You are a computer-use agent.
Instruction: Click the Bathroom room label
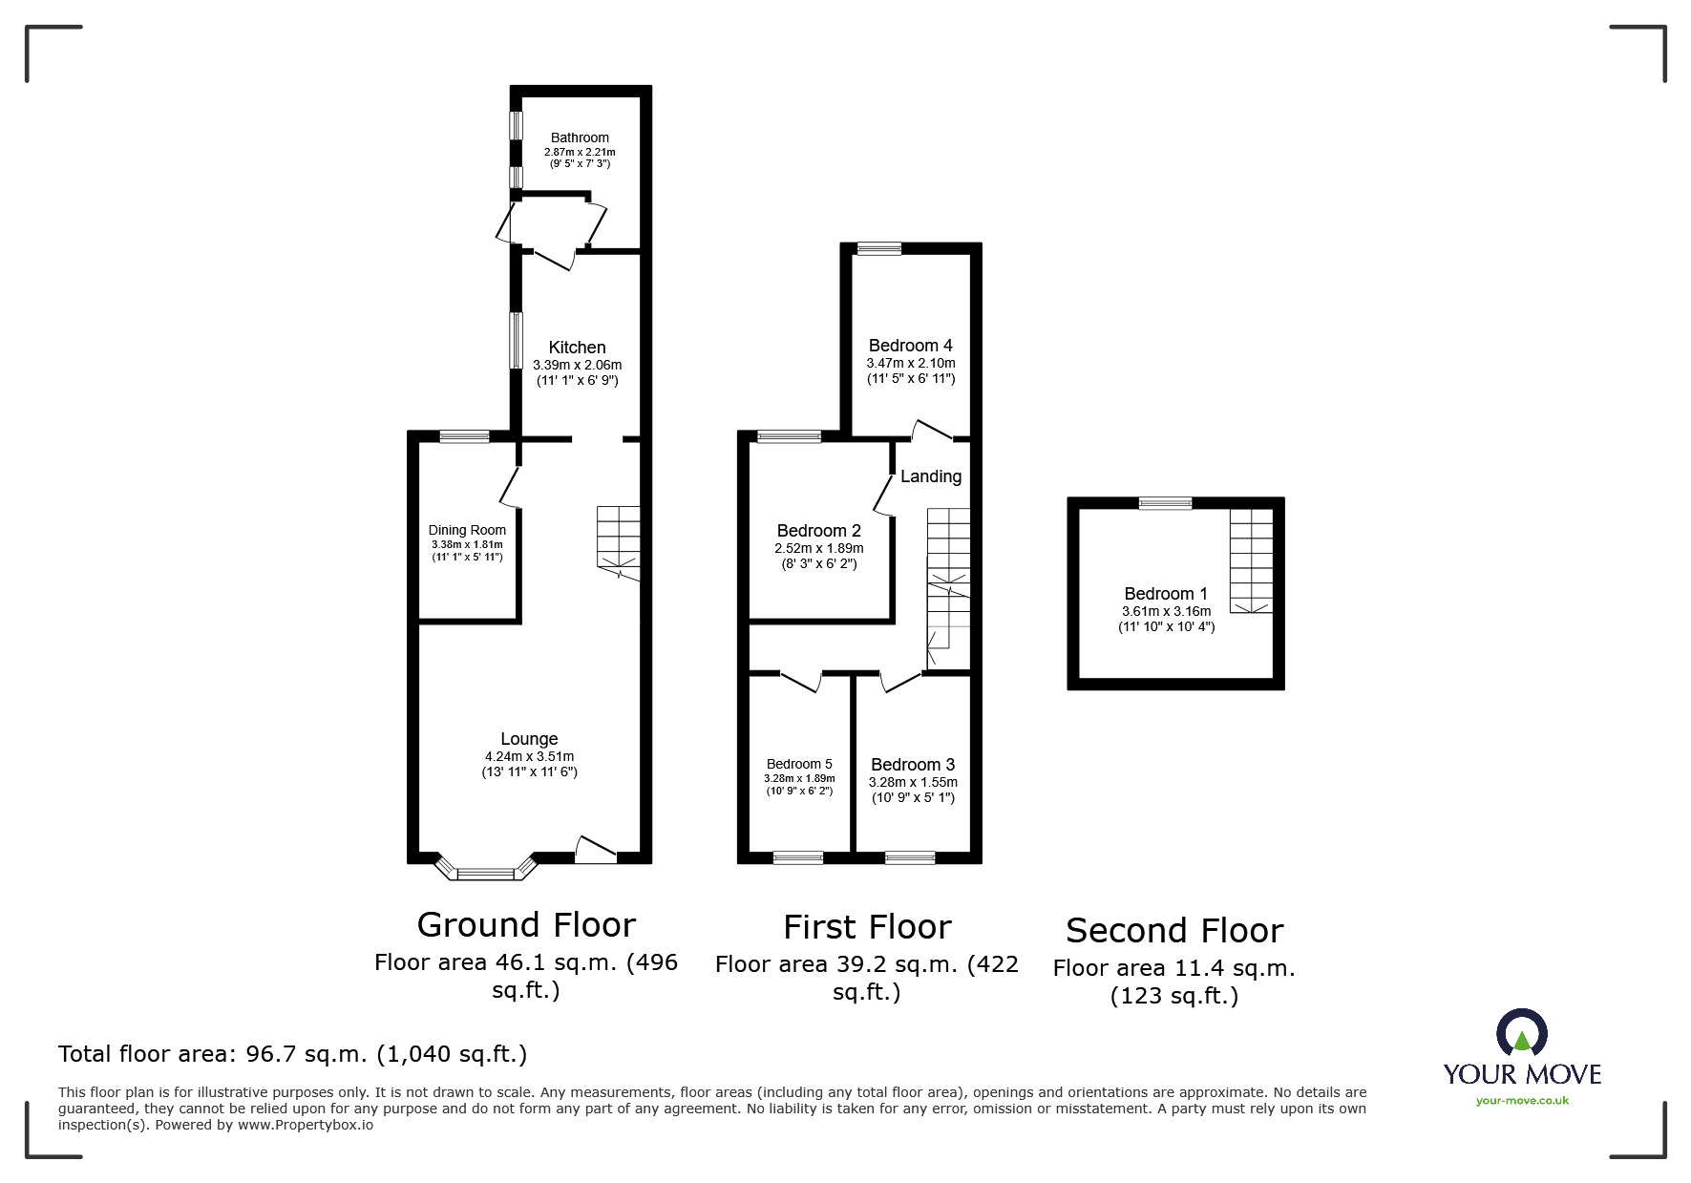click(580, 137)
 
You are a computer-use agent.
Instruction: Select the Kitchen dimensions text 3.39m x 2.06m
click(577, 365)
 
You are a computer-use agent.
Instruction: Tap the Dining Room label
click(467, 530)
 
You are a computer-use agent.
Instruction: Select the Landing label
click(931, 476)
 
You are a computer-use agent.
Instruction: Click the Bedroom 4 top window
click(878, 249)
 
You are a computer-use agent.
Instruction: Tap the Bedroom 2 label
click(818, 531)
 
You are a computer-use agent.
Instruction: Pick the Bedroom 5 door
click(801, 682)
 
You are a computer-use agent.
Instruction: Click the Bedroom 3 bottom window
click(910, 857)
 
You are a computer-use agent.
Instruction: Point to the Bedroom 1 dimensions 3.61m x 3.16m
click(1166, 611)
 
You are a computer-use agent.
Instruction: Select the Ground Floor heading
click(526, 924)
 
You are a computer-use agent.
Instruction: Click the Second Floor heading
click(1173, 930)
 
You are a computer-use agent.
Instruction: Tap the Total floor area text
click(292, 1054)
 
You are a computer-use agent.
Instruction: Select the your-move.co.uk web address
click(1522, 1101)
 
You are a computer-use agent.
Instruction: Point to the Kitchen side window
click(516, 340)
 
